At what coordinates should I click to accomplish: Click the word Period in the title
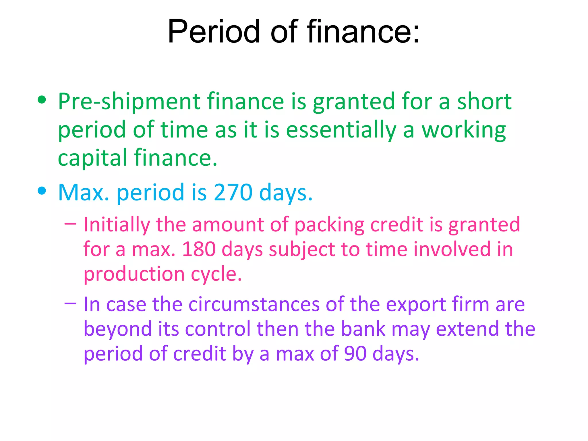point(214,32)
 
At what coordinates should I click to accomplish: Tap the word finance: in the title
point(363,32)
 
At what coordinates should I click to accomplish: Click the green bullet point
point(42,100)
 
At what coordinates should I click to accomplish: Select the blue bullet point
point(42,191)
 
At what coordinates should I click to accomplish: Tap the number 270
point(233,192)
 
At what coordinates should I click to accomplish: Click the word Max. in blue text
point(84,192)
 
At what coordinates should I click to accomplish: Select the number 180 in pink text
point(199,249)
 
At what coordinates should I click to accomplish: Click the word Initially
point(117,225)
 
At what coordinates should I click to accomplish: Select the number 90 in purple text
point(355,354)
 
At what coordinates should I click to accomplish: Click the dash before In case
point(71,303)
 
